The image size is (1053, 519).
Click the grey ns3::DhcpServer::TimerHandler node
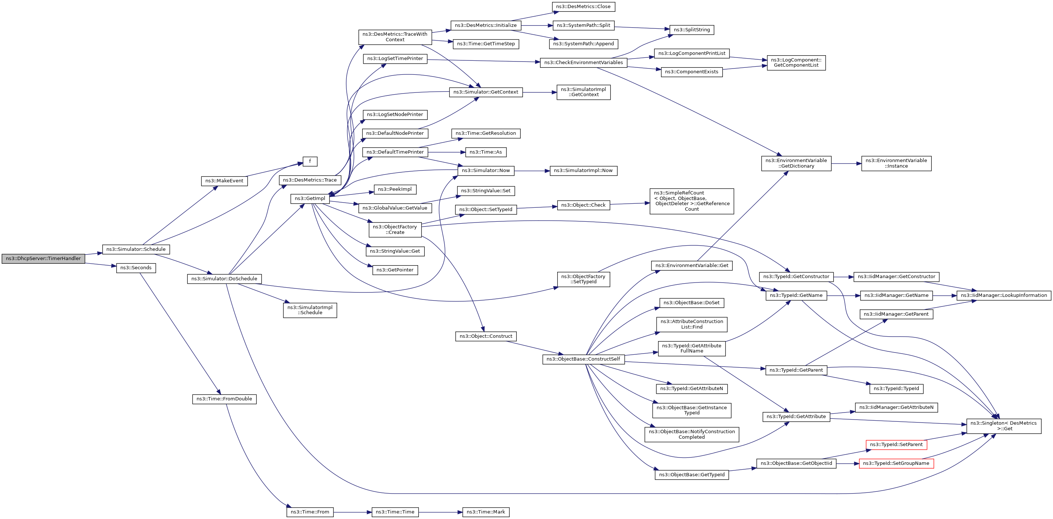click(43, 259)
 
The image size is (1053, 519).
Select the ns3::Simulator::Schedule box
click(136, 249)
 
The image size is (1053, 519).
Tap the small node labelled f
click(310, 161)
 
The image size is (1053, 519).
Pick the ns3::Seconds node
click(136, 268)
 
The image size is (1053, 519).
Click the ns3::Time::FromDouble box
click(224, 399)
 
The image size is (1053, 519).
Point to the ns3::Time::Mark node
click(485, 512)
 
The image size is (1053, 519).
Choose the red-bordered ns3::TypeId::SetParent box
click(896, 445)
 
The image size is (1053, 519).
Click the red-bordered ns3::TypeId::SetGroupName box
click(896, 463)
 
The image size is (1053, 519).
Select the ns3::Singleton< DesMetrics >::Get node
click(1004, 426)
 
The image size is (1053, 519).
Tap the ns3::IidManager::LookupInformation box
click(1004, 295)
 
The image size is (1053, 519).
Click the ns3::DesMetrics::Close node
click(583, 7)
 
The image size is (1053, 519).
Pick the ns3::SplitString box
click(692, 30)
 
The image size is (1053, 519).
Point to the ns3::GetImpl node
click(310, 199)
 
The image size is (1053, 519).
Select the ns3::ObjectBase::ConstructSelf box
click(583, 359)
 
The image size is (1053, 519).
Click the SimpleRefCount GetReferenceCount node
click(692, 201)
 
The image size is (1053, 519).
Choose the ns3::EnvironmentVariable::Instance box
click(896, 163)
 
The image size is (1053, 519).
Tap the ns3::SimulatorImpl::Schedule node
click(310, 310)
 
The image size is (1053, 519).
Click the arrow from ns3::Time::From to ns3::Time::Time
click(352, 512)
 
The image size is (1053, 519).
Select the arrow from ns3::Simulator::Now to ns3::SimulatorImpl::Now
click(531, 171)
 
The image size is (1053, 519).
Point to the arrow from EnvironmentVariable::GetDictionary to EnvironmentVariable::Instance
click(846, 164)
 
